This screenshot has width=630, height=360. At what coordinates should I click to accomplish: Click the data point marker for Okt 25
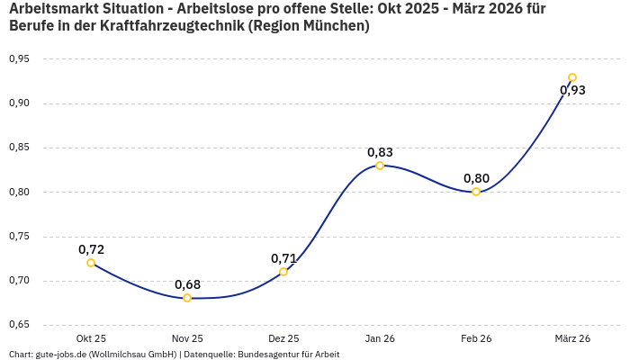point(91,263)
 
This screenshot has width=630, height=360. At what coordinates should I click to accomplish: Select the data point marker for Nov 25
point(187,298)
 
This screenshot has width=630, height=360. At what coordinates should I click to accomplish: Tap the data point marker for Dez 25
point(283,272)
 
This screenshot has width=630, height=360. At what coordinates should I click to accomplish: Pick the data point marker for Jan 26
point(380,166)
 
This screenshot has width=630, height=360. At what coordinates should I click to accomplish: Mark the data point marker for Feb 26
point(476,192)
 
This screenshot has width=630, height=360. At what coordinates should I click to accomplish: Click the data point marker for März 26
point(572,77)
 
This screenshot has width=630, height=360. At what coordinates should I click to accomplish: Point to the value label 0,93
point(572,90)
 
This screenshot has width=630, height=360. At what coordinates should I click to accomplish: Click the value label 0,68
point(187,284)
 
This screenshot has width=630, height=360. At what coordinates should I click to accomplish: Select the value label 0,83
point(380,152)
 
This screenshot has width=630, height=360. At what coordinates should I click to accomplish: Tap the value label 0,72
point(91,249)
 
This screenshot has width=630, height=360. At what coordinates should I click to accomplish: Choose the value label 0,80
point(476,178)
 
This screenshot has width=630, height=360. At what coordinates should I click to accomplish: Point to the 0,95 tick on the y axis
point(19,59)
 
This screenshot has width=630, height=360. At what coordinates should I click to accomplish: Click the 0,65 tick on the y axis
point(19,325)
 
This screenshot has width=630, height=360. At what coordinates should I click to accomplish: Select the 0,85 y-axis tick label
point(19,148)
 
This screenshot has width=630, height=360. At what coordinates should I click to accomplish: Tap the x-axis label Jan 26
point(380,338)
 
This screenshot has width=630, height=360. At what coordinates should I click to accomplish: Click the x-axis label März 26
point(572,338)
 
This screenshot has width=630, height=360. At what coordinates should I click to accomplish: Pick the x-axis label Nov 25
point(187,338)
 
